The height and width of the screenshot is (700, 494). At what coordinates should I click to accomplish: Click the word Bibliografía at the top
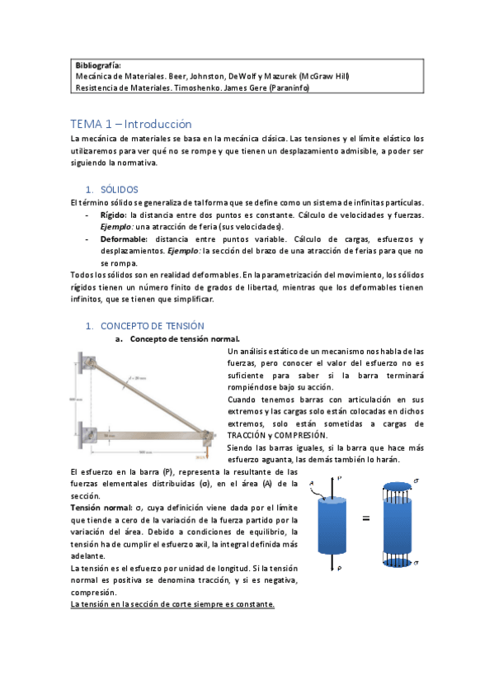pyautogui.click(x=97, y=64)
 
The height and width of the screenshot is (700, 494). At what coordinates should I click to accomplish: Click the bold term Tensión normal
pyautogui.click(x=100, y=507)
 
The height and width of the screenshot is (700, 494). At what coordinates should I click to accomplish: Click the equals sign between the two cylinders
pyautogui.click(x=365, y=519)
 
